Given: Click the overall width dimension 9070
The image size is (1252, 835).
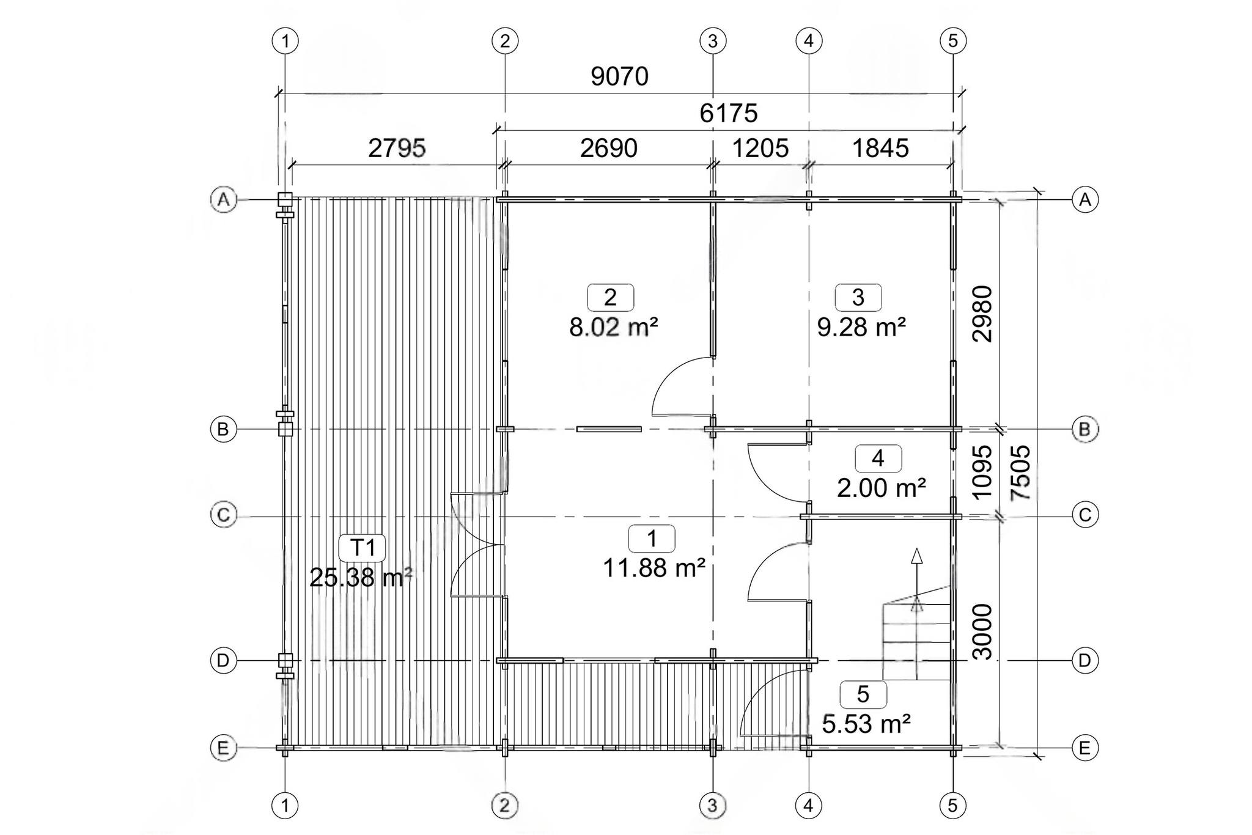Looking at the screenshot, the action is click(x=619, y=76).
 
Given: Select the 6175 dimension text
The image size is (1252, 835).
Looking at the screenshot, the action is click(x=729, y=113).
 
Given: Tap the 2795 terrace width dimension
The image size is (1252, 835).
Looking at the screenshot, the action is click(x=397, y=149).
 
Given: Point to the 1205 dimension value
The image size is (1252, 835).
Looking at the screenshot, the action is click(x=760, y=149).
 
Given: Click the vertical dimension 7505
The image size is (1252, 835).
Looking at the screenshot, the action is click(x=1021, y=473).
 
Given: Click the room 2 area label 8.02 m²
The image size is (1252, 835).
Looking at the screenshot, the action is click(x=614, y=328).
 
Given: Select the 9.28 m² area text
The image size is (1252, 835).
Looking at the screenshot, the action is click(x=861, y=328).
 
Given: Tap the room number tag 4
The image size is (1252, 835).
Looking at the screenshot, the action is click(x=878, y=458).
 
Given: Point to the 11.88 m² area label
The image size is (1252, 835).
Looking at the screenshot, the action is click(x=654, y=568).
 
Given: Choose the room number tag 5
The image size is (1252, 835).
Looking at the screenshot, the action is click(x=863, y=694).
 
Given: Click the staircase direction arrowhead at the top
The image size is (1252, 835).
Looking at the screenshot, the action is click(x=916, y=555).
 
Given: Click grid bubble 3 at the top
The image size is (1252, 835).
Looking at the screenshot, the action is click(x=713, y=42).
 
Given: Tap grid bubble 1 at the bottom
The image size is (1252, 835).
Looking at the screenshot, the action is click(x=285, y=806).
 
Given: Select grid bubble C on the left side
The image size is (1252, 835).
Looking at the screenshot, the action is click(x=223, y=515).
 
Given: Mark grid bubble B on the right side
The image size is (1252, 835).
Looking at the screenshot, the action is click(x=1085, y=430).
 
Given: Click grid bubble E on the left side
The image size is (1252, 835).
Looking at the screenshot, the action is click(x=223, y=748).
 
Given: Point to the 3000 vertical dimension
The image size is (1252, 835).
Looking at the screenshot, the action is click(x=982, y=631).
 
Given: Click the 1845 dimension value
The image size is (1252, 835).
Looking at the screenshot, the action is click(x=880, y=149).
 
